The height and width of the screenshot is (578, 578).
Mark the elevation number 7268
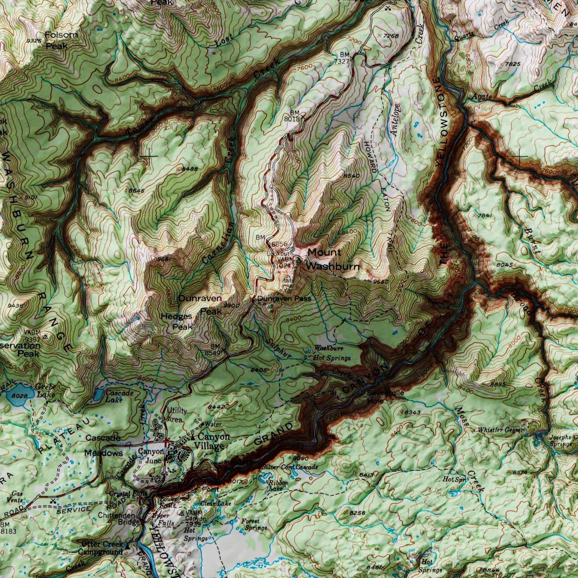point(390,36)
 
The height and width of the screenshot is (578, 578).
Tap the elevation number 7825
point(513,64)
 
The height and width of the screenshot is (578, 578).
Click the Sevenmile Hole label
point(385,397)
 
